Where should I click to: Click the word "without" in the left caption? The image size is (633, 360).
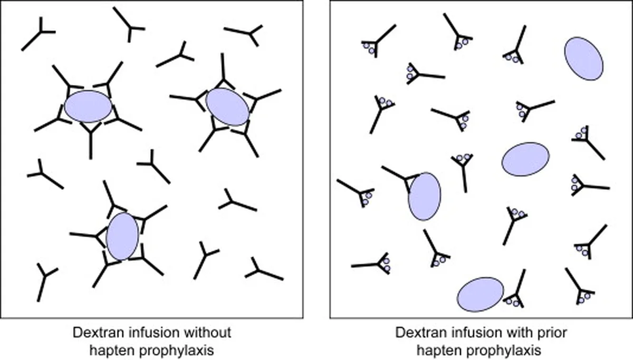[x=207, y=333]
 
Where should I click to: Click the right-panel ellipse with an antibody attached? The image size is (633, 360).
[x=425, y=197]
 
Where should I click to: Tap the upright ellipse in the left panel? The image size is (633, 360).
[x=122, y=236]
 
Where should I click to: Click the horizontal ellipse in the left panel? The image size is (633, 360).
[x=88, y=106]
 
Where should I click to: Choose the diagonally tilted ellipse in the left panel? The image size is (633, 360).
[x=228, y=106]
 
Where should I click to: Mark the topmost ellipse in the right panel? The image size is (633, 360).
[x=584, y=59]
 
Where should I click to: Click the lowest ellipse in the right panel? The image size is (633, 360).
[x=481, y=295]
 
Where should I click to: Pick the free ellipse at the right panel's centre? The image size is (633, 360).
[x=525, y=159]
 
